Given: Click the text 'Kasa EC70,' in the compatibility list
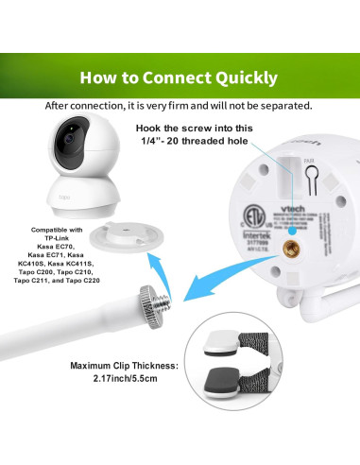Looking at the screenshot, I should pyautogui.click(x=50, y=247).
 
